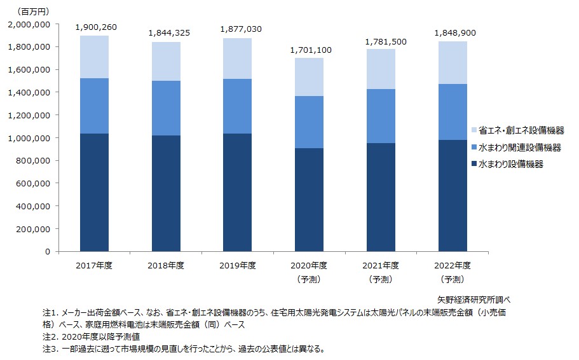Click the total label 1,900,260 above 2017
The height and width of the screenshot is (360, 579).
[x=96, y=27]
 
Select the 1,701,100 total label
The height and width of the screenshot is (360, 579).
[x=310, y=50]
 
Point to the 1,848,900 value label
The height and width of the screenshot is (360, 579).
[x=454, y=33]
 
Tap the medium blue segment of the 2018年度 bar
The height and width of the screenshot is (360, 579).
[x=166, y=108]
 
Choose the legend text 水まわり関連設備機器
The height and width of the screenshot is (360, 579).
[x=520, y=148]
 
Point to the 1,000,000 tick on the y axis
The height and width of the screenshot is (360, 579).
[x=29, y=138]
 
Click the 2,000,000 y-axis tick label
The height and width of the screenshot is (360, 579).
[x=29, y=24]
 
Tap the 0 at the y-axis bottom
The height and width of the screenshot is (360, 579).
[x=46, y=252]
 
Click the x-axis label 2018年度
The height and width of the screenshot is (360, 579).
[x=166, y=266]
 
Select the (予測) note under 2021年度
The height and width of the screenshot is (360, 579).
[x=381, y=279]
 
